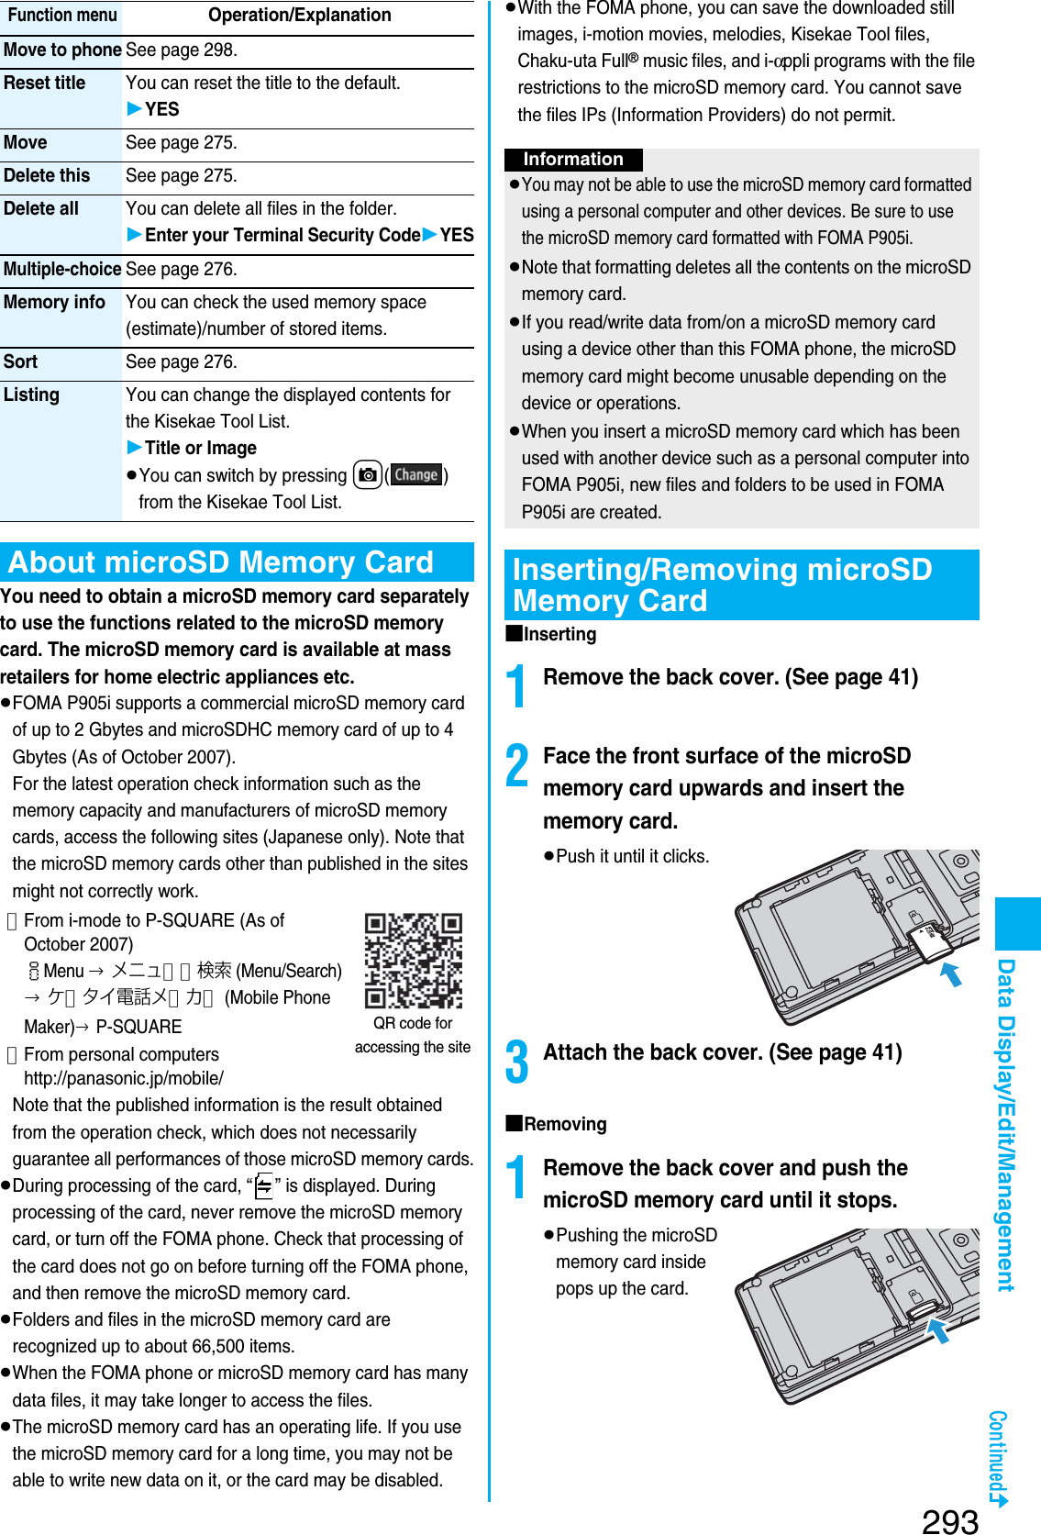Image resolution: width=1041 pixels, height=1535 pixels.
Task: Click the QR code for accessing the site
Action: tap(413, 960)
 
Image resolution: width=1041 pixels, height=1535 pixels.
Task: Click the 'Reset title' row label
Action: tap(44, 83)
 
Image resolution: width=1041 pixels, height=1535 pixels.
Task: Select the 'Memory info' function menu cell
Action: tap(54, 303)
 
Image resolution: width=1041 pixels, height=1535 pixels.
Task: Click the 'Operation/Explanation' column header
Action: tap(299, 16)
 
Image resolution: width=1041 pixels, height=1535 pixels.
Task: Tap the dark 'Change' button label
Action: tap(416, 475)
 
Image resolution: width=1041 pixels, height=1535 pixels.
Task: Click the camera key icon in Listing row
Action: tap(367, 475)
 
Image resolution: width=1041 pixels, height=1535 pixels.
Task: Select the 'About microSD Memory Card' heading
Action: tap(221, 562)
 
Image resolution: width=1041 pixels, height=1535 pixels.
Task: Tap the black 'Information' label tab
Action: tap(573, 160)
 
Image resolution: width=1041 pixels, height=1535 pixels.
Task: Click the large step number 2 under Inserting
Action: tap(518, 766)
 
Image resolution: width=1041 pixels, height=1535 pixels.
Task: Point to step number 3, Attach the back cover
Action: tap(518, 1062)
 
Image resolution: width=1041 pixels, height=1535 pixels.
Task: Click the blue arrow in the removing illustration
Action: tap(937, 1330)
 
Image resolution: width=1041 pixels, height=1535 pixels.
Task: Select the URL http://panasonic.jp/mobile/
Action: tap(124, 1079)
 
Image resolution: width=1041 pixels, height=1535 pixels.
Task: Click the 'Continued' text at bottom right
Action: tap(998, 1454)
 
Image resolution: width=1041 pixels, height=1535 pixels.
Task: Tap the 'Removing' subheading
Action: tap(564, 1125)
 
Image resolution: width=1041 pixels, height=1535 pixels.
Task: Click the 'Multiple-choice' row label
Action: tap(61, 270)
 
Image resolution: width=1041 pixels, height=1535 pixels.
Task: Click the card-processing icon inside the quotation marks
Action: tap(264, 1187)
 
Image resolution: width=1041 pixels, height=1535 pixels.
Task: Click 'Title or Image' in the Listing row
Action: tap(200, 449)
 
